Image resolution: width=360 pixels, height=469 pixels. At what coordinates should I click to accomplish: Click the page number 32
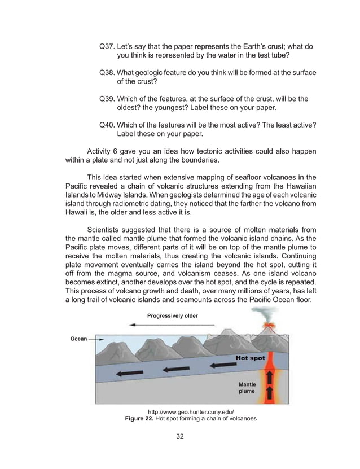click(x=179, y=436)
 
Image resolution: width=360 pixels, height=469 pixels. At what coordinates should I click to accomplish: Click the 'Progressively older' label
click(x=173, y=315)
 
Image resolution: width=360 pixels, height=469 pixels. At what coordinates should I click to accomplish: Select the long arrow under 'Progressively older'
click(x=172, y=325)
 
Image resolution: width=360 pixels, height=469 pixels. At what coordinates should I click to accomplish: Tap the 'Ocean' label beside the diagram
click(x=78, y=339)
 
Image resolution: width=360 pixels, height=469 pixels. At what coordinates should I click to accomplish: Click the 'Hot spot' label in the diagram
click(x=250, y=358)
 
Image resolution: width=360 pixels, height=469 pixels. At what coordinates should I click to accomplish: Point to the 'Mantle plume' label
click(x=246, y=387)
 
